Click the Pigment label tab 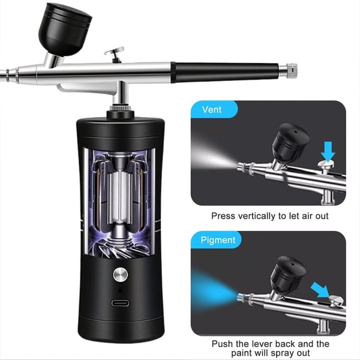pyautogui.click(x=217, y=240)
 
